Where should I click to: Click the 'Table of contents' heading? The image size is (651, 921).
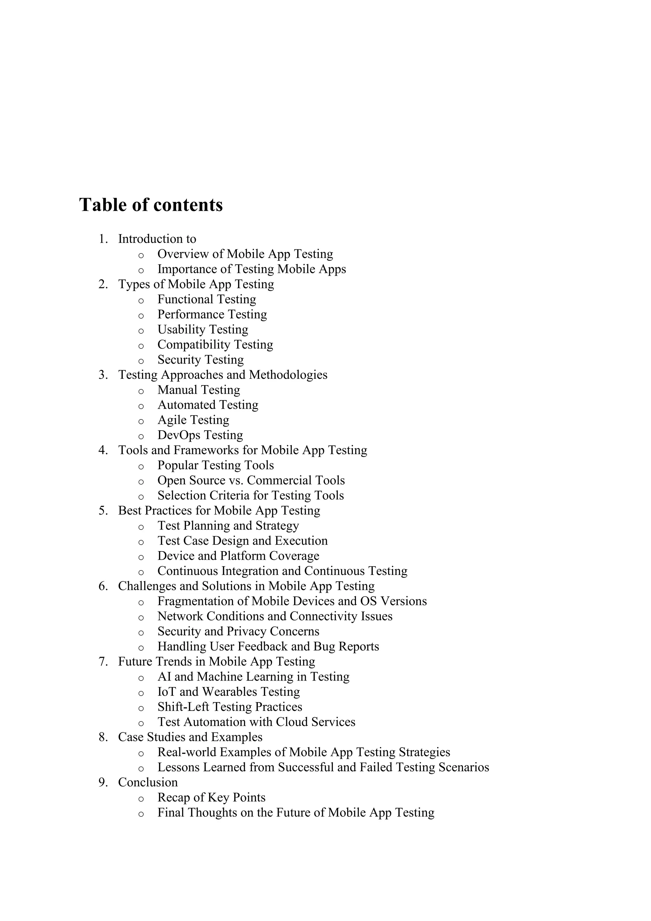pyautogui.click(x=151, y=205)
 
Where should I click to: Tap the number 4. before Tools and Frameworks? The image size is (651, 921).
pyautogui.click(x=103, y=450)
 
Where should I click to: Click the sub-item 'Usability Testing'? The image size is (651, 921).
pyautogui.click(x=202, y=329)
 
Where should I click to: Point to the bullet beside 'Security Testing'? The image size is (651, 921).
pyautogui.click(x=141, y=361)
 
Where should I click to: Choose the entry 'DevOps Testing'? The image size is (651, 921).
pyautogui.click(x=200, y=435)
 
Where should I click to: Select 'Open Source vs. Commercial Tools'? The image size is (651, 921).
pyautogui.click(x=251, y=481)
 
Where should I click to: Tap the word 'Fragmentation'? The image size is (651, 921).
pyautogui.click(x=202, y=601)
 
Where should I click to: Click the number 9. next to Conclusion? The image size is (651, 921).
pyautogui.click(x=103, y=783)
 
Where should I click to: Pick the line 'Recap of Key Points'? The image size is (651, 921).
pyautogui.click(x=211, y=798)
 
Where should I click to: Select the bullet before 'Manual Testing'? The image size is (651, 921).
pyautogui.click(x=141, y=391)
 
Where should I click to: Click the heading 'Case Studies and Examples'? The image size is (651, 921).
pyautogui.click(x=190, y=737)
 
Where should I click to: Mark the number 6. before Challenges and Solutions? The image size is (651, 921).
pyautogui.click(x=103, y=586)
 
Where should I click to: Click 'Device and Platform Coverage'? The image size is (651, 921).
pyautogui.click(x=238, y=556)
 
